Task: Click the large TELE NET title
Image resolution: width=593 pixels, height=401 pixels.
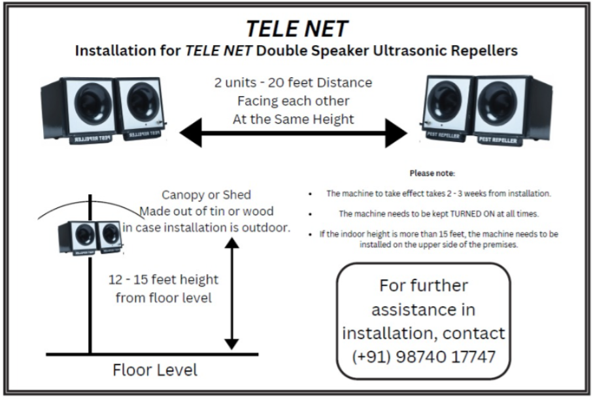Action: point(297,29)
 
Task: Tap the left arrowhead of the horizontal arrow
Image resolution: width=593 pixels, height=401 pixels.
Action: point(191,132)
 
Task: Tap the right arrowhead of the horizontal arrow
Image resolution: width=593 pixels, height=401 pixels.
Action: point(396,133)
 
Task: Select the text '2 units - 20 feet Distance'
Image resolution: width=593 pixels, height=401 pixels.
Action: point(293,82)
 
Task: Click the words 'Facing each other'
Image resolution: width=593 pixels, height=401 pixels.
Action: point(293,101)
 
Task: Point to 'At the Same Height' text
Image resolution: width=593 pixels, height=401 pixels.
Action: point(293,119)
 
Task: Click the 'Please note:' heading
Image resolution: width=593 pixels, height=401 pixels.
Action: point(432,173)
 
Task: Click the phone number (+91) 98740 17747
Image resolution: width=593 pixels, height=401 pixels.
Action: point(424,357)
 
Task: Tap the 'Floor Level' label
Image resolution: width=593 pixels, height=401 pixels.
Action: point(155,370)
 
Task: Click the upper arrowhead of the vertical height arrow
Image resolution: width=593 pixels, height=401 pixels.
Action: point(231,243)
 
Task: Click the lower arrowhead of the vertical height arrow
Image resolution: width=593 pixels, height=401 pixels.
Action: point(231,344)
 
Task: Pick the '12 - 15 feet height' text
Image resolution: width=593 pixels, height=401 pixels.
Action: point(163,280)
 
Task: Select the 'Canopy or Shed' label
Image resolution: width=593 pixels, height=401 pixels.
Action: point(207,195)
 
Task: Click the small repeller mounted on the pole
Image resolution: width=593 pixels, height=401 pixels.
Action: point(90,237)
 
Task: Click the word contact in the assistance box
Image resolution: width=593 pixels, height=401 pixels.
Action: point(473,333)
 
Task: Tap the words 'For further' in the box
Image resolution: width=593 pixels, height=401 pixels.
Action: point(424,286)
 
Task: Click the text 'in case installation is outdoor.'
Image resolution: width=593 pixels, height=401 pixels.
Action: point(207,228)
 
